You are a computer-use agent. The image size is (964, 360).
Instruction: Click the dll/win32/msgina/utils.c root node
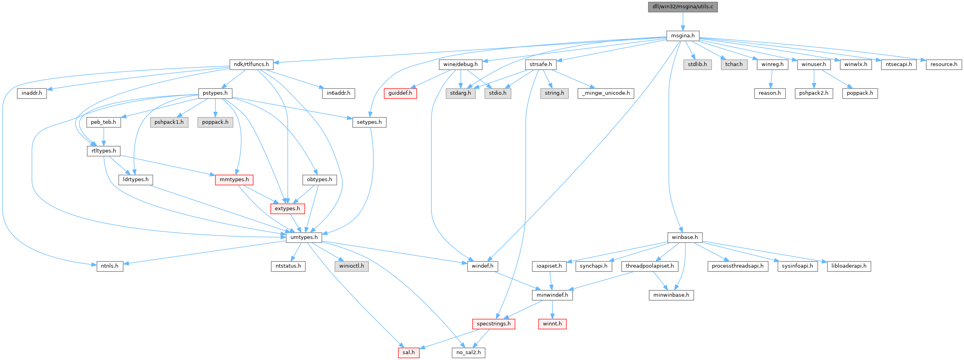tap(683, 7)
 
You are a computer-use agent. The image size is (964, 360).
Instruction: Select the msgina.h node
tap(683, 36)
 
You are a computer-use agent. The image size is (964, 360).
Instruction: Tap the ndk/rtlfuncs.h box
tap(251, 64)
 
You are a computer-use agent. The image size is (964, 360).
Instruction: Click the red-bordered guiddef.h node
tap(400, 93)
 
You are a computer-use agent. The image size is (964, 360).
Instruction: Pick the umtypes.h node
tap(304, 237)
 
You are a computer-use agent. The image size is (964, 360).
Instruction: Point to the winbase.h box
tap(684, 237)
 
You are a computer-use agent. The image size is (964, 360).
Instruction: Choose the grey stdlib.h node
tap(697, 64)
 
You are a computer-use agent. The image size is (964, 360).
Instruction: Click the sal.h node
tap(408, 353)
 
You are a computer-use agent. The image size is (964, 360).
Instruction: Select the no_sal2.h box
tap(468, 353)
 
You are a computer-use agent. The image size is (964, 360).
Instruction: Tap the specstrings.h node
tap(493, 324)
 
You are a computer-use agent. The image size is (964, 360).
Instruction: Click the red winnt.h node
tap(552, 324)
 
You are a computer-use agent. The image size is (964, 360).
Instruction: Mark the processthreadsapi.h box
tap(738, 266)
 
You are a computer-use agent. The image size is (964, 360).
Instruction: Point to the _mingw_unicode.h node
tap(606, 93)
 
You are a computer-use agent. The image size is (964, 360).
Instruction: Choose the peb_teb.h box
tap(103, 122)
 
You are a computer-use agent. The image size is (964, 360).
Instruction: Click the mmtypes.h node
tap(234, 180)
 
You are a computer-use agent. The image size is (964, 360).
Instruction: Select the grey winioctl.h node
tap(351, 266)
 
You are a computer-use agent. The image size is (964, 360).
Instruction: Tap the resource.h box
tap(944, 64)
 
